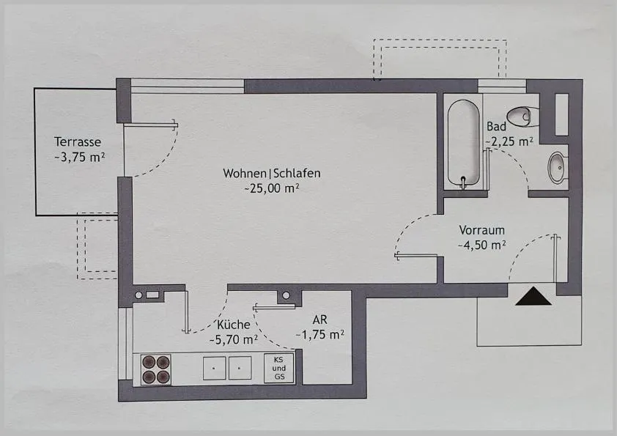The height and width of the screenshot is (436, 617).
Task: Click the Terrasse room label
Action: coord(78,141)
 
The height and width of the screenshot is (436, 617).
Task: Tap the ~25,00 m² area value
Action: coord(272,188)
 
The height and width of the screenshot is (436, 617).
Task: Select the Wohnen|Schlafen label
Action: coord(272,173)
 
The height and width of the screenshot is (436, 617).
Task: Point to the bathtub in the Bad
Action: coord(464,142)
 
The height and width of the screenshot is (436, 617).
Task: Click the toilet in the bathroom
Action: coord(522,117)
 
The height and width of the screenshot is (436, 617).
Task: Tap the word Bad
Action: coord(496,127)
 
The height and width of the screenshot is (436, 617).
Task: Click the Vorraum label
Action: coord(481,230)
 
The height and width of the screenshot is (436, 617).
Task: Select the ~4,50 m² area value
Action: coord(481,245)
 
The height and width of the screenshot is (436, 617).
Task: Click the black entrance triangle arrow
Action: coord(533,296)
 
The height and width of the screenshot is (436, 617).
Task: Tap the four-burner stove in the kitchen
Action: coord(156,369)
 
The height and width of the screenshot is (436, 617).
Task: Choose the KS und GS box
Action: coord(279,369)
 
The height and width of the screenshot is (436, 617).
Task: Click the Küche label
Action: coord(234,325)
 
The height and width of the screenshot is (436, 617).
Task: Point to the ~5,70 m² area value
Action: coord(234,339)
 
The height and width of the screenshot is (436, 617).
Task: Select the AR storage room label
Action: coord(319,319)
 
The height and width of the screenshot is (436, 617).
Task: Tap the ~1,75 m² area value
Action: coord(320,334)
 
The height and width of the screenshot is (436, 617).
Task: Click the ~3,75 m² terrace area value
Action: coord(79,157)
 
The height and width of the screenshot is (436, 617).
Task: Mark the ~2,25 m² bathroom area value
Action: coord(509,141)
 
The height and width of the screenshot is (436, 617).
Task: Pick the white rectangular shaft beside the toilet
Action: coord(561,114)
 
